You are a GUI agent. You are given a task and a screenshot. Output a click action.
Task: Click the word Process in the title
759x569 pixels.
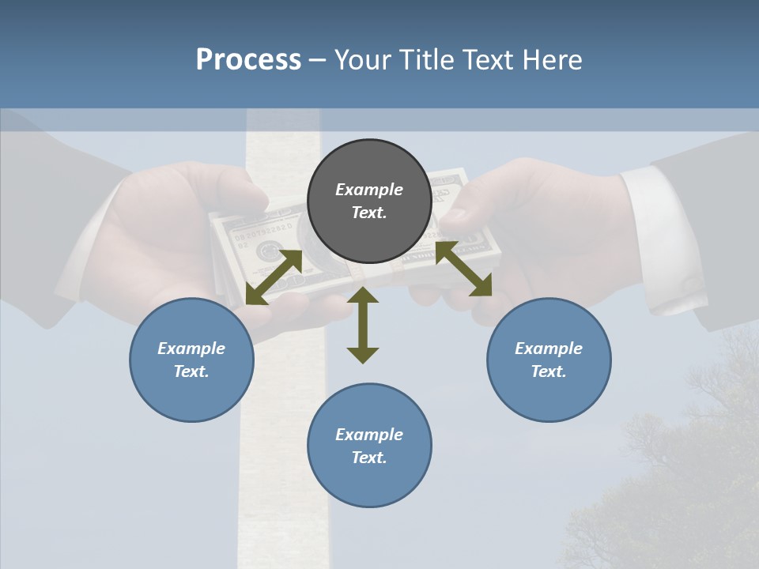(x=248, y=60)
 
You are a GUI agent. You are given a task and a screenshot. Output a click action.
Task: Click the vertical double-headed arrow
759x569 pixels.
(x=363, y=325)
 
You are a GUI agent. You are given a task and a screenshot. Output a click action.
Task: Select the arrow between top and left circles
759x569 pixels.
(x=274, y=277)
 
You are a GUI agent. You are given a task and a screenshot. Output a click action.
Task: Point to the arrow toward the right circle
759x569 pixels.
(x=463, y=269)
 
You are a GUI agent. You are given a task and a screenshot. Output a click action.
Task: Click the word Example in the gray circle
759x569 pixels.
(x=369, y=190)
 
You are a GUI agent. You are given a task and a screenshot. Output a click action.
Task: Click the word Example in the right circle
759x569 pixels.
(x=549, y=349)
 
